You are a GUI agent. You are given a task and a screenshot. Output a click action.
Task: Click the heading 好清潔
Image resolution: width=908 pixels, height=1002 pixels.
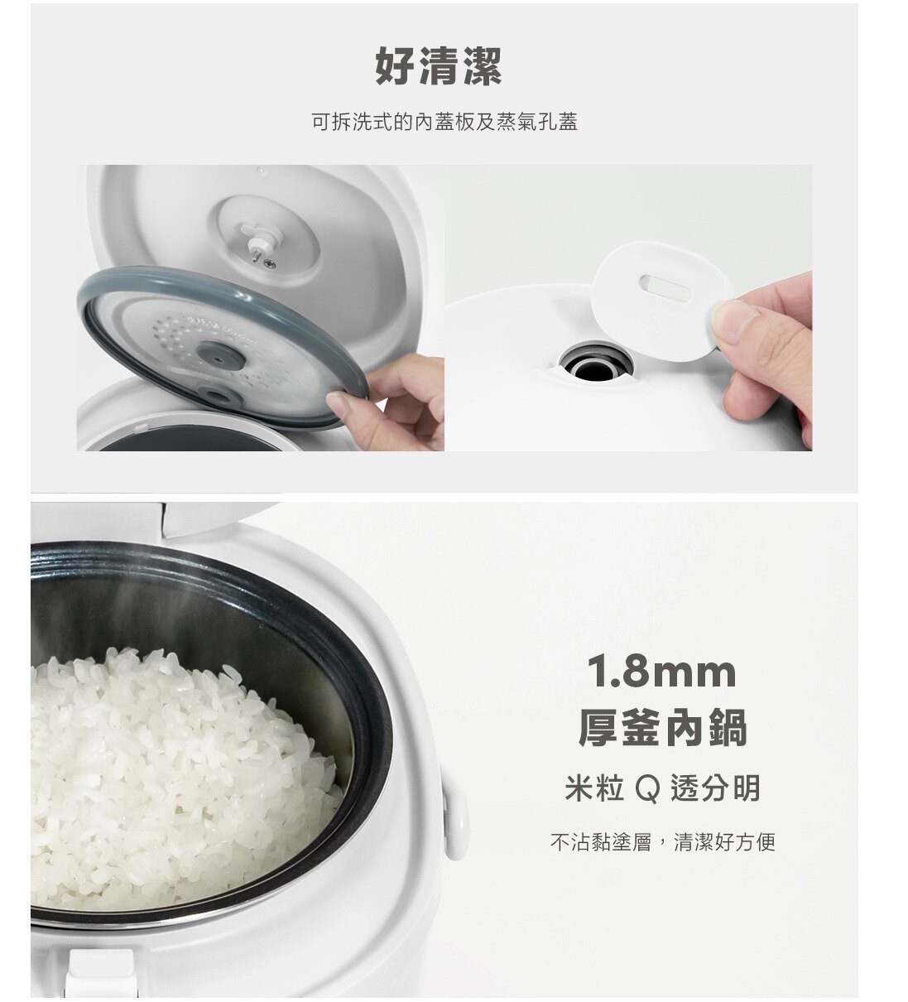[438, 66]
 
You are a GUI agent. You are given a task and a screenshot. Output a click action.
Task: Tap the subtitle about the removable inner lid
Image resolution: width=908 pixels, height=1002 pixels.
[444, 122]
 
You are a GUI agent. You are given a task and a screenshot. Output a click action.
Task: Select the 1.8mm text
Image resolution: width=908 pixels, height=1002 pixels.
[662, 672]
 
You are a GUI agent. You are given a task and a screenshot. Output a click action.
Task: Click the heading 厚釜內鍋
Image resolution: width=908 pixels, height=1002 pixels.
[662, 727]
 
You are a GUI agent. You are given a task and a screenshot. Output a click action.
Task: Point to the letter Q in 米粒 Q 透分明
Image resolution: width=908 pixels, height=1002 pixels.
[647, 789]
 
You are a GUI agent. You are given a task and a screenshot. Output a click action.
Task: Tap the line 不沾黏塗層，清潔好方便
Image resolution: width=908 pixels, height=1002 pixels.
[663, 842]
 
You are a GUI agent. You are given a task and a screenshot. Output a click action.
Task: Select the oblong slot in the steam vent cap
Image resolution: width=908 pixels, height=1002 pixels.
[665, 287]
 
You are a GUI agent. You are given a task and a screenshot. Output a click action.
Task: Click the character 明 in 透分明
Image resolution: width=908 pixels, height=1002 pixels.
[745, 789]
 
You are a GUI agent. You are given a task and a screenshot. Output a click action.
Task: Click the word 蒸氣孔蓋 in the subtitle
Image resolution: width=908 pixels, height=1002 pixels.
[537, 122]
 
